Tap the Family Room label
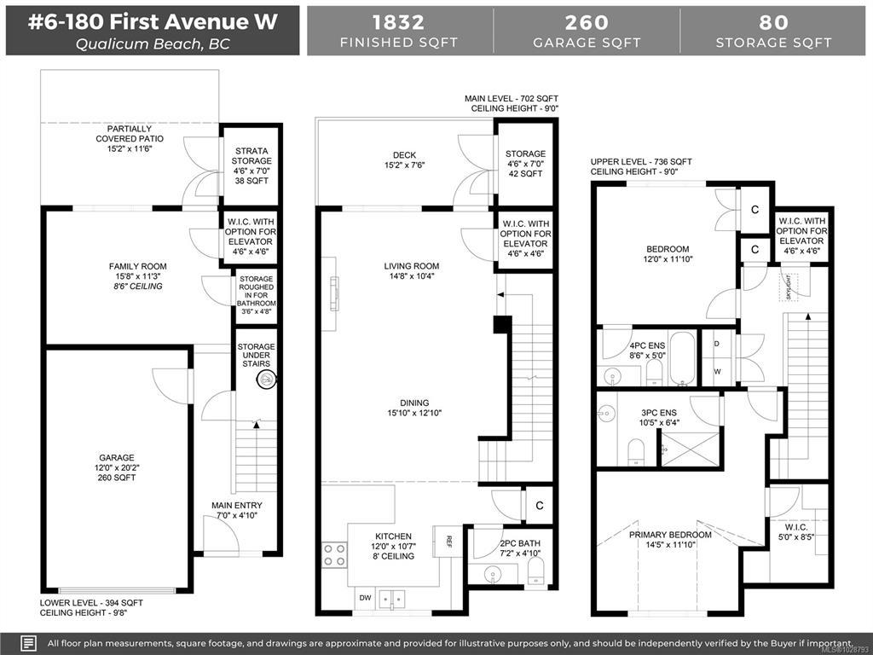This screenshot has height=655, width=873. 137,266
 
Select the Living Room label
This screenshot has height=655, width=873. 412,266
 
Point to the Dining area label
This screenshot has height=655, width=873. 414,403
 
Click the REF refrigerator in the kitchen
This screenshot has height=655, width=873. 448,541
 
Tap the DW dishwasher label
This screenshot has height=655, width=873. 365,598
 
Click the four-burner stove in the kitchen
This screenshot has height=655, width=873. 334,554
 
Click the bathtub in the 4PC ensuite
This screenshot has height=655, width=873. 683,359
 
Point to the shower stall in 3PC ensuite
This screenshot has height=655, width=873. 691,449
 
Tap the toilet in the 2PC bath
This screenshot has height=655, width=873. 535,571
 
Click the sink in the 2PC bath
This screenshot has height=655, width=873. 493,574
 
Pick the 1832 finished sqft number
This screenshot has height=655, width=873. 399,22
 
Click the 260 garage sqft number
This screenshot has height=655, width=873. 587,22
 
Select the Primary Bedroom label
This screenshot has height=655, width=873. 670,535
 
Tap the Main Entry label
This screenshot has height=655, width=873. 237,505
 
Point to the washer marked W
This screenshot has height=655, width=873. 717,372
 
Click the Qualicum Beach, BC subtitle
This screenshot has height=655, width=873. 153,44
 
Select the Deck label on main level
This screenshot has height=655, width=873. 404,155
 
